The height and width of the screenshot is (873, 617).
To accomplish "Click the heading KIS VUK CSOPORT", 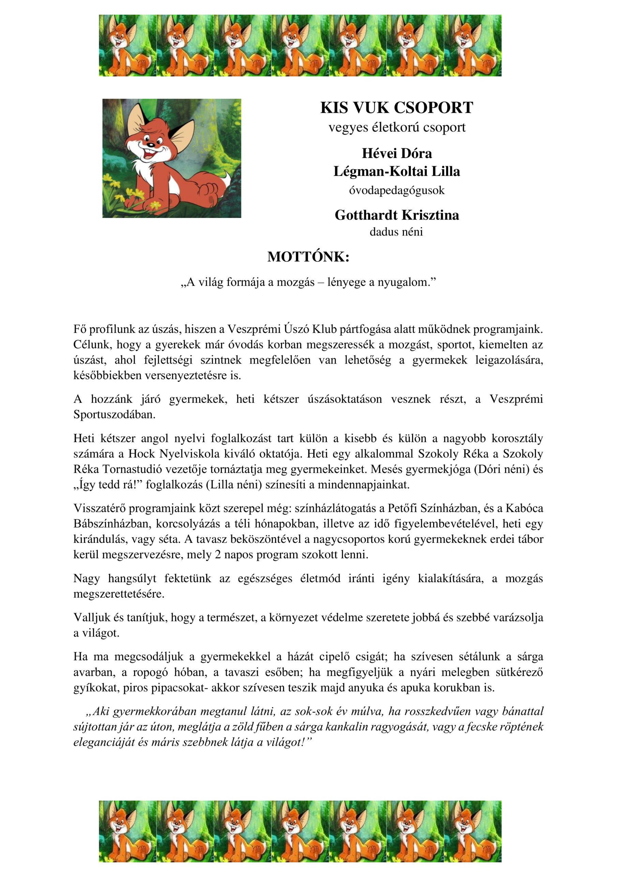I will point(396,108).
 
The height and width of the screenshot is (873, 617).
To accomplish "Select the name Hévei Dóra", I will point(396,153).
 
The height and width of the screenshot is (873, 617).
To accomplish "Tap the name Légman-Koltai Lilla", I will point(396,171).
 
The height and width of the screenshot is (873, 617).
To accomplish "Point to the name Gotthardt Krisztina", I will point(396,215).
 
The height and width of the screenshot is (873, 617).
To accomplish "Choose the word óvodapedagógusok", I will point(396,190).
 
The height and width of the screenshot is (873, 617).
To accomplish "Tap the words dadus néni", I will point(396,232).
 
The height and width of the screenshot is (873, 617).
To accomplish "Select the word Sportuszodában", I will point(114,414).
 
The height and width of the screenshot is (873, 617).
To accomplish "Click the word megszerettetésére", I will point(119,594).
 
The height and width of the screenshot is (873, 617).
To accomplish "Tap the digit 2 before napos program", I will point(218,554).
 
